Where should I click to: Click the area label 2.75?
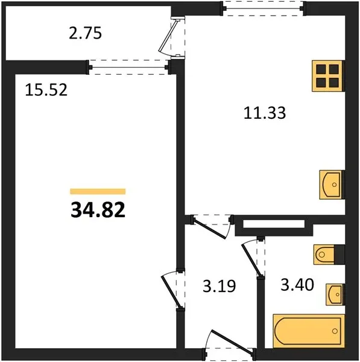coord(85,33)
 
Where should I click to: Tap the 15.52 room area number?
coord(46,90)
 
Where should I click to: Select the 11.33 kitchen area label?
coord(265,113)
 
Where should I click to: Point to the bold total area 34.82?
coord(98,210)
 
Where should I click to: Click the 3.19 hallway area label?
coord(219,286)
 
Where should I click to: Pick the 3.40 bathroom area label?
coord(297,285)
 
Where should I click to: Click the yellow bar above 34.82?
coord(98,191)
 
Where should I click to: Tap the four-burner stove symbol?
coord(327,76)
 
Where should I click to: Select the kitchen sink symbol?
coord(331,185)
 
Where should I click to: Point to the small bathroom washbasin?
coord(335,295)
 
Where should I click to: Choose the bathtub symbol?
coord(308,331)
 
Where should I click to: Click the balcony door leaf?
coord(168,37)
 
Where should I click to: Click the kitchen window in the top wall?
coord(264,9)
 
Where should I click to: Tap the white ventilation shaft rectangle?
coord(274,224)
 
